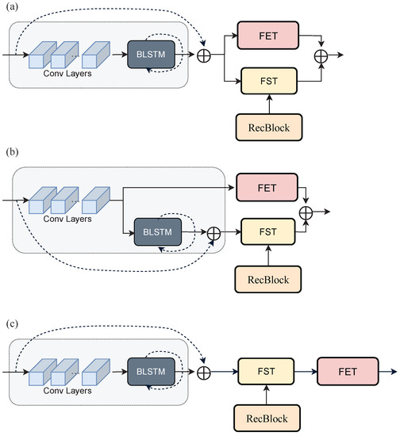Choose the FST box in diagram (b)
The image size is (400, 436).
point(267,232)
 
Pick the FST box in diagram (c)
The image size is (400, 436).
point(267,369)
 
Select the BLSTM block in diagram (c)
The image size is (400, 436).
point(154,369)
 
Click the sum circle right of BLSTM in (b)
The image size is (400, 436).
point(212,232)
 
